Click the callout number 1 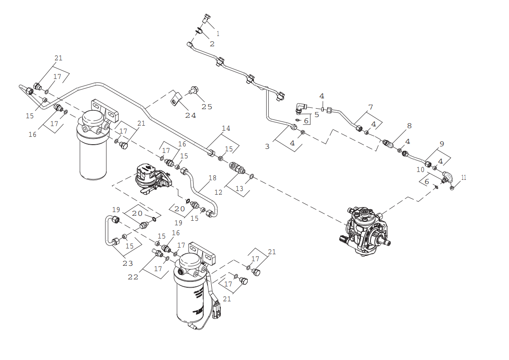click(x=218, y=33)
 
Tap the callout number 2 click(x=212, y=43)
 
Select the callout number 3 click(x=267, y=146)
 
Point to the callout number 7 click(x=370, y=107)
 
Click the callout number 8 click(x=409, y=126)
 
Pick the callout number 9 click(x=442, y=144)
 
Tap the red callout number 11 click(x=464, y=177)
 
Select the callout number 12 click(x=218, y=192)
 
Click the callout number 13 click(x=239, y=188)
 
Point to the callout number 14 click(x=226, y=129)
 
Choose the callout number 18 click(x=212, y=178)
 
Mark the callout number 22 click(x=133, y=277)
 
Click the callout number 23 click(x=127, y=263)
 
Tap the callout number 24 click(x=191, y=115)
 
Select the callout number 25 click(x=207, y=107)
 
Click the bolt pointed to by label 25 click(x=193, y=89)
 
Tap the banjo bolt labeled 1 click(x=207, y=18)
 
